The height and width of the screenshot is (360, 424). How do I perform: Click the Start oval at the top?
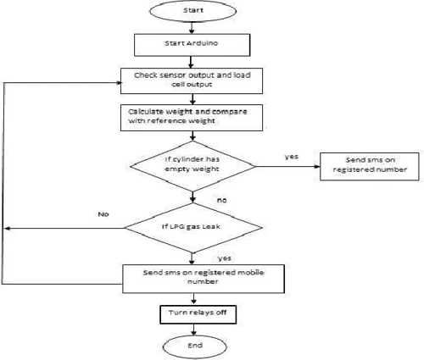[194, 13]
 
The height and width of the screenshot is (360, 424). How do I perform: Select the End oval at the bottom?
[196, 346]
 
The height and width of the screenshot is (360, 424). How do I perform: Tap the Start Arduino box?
[194, 43]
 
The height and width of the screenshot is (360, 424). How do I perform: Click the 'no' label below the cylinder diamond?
[222, 202]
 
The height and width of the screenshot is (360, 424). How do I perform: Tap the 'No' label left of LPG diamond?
[104, 215]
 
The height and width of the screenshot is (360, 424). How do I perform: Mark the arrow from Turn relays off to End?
[196, 330]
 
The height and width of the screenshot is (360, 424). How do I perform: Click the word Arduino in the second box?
[208, 43]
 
